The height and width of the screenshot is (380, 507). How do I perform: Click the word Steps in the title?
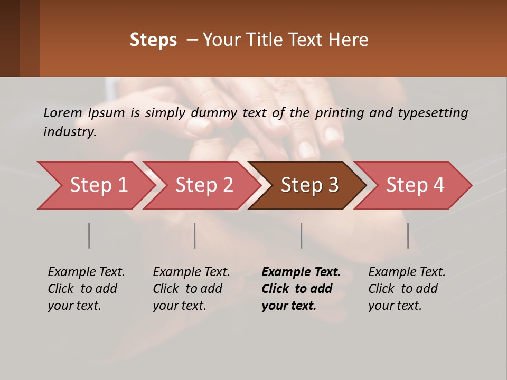click(153, 40)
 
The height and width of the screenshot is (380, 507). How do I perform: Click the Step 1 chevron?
click(95, 185)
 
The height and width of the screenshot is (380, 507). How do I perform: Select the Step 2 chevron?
click(203, 185)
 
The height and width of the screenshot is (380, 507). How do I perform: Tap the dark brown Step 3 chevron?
click(309, 185)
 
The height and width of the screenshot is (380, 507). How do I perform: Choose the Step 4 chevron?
click(415, 185)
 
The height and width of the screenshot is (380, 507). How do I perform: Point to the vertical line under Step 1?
click(89, 235)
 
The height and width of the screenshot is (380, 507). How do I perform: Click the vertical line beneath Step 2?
click(195, 235)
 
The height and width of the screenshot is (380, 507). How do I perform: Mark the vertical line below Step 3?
click(302, 235)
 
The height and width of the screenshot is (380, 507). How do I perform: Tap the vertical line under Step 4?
click(408, 235)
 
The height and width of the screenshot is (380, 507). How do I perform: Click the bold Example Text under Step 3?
click(301, 272)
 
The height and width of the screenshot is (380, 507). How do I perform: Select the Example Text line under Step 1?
click(86, 272)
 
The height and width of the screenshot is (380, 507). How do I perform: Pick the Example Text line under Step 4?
click(407, 272)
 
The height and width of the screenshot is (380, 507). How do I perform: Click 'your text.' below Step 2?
click(180, 306)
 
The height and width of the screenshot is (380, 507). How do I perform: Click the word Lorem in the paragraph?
click(63, 112)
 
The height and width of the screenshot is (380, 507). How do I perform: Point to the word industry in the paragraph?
click(70, 132)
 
